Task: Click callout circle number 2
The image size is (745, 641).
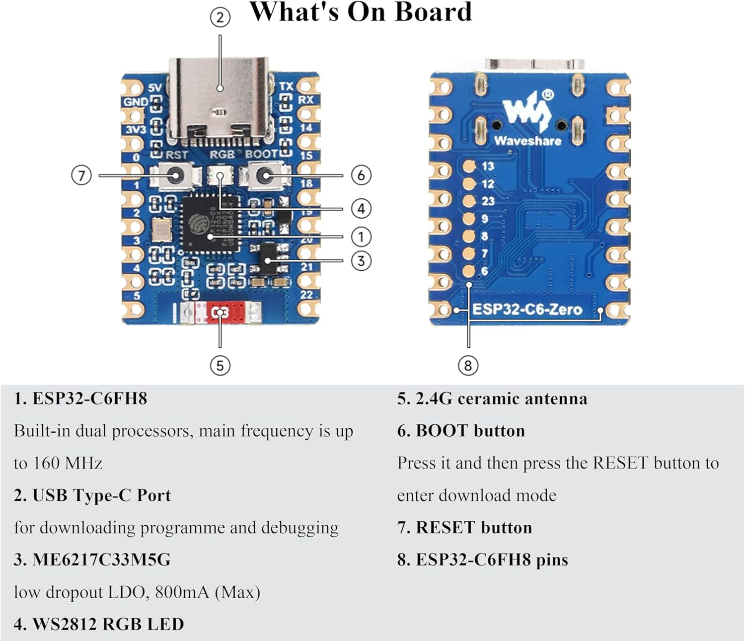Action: [x=220, y=18]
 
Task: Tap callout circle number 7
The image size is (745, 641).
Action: [x=81, y=175]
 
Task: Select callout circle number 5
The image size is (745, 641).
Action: [x=220, y=366]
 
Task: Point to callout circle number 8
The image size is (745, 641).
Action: [x=468, y=366]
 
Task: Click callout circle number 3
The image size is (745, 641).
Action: [x=361, y=261]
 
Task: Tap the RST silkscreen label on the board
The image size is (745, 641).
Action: [x=177, y=155]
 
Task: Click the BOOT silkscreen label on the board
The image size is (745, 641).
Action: [x=261, y=154]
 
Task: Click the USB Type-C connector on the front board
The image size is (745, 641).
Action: [x=220, y=97]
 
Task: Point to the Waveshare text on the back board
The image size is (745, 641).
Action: [x=527, y=141]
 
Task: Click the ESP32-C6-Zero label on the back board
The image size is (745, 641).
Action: [x=527, y=310]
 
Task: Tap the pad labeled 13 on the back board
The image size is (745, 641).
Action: [x=469, y=166]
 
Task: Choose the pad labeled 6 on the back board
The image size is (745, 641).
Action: [x=469, y=271]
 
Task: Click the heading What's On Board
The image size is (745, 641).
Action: [x=361, y=12]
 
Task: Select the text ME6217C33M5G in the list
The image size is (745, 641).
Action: [x=101, y=560]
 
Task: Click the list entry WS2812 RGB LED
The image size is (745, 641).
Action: [x=108, y=625]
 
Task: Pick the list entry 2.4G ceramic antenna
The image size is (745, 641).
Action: [x=501, y=399]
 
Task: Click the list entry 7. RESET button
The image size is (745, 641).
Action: [x=464, y=528]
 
